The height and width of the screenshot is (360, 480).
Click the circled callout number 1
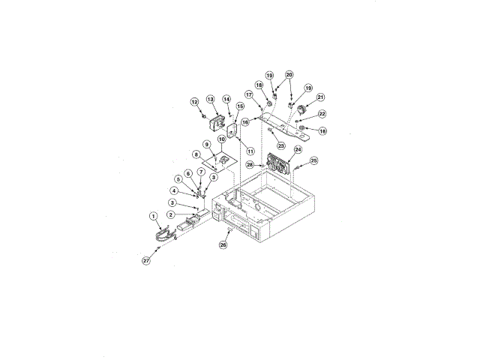tap(153, 216)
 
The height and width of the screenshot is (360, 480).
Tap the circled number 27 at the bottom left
tap(146, 260)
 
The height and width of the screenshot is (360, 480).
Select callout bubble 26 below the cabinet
tap(223, 244)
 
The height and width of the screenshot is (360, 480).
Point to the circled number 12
tap(194, 101)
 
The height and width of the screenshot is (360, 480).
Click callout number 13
tap(211, 99)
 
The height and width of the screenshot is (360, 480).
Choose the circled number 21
tap(320, 97)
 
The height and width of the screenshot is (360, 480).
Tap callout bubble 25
tap(313, 160)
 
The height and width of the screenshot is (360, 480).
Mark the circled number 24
tap(298, 150)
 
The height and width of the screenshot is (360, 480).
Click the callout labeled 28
tap(249, 163)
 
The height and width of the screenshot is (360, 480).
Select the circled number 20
tap(289, 75)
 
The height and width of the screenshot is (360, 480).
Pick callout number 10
tap(222, 139)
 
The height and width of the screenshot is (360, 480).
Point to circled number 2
tap(171, 214)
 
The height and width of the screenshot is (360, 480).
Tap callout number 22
tap(322, 114)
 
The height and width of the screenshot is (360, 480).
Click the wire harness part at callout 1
tap(163, 235)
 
